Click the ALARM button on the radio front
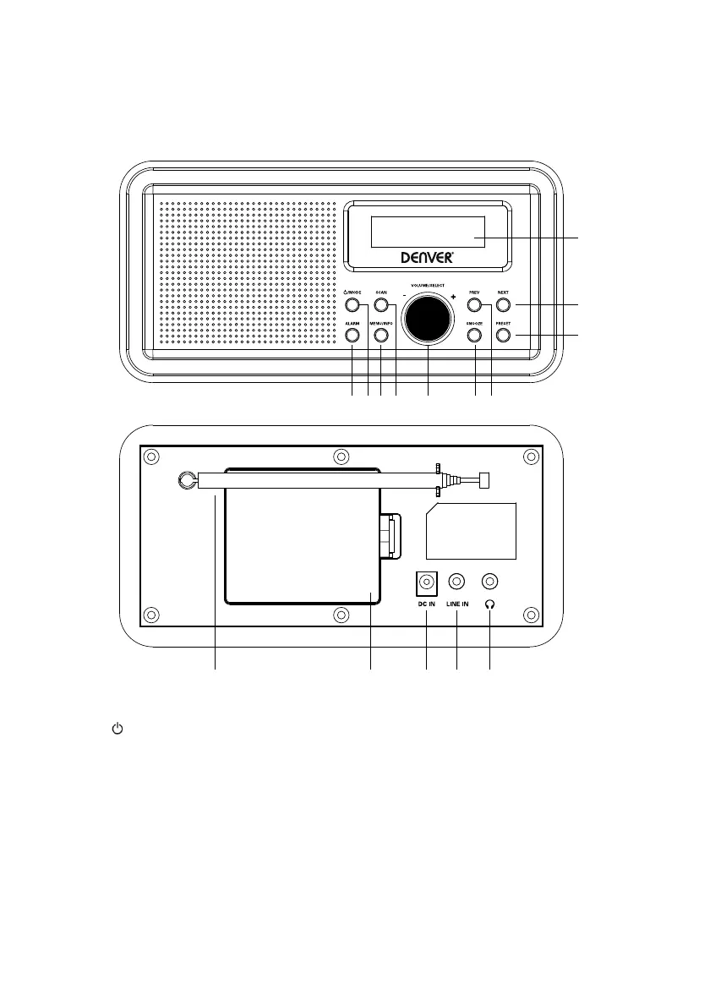point(352,336)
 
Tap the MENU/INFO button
point(381,336)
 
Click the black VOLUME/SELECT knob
point(428,320)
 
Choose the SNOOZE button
point(474,336)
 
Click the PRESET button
point(503,336)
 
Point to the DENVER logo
point(425,258)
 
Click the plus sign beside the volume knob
point(454,297)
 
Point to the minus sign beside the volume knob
point(404,297)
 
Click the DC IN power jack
point(427,582)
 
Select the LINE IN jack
point(457,582)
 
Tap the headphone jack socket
point(489,582)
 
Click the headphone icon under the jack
point(489,604)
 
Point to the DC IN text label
point(427,604)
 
